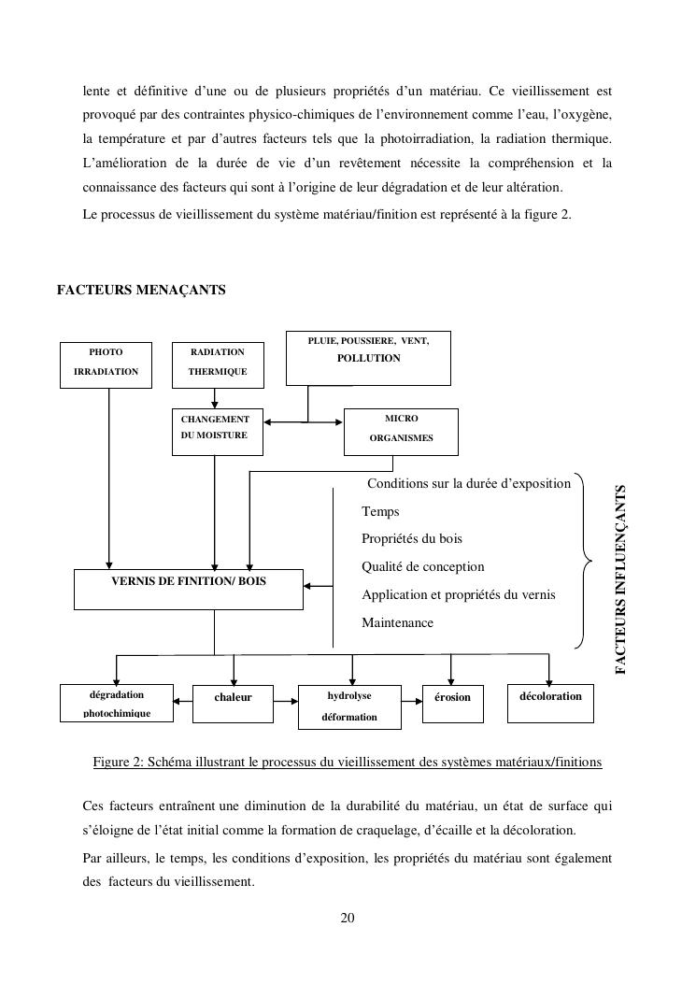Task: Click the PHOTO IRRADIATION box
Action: tap(106, 362)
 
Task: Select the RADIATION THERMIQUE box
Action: tap(218, 362)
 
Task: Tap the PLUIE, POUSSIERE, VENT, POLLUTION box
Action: tap(368, 357)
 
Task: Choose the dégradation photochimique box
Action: tap(117, 704)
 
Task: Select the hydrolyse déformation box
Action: tap(349, 707)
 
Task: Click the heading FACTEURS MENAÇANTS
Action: tap(141, 290)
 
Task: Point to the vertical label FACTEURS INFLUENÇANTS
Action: tap(621, 578)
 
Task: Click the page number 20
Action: tap(348, 918)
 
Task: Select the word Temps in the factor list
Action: tap(380, 511)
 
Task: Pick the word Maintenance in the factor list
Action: tap(397, 622)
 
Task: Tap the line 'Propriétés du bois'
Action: tap(412, 539)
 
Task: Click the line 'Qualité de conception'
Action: tap(423, 566)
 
